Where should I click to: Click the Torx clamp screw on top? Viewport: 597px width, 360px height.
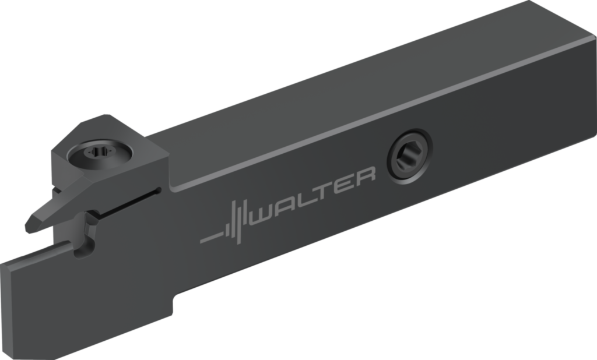pyautogui.click(x=100, y=154)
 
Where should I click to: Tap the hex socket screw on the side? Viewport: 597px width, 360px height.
pyautogui.click(x=409, y=156)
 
